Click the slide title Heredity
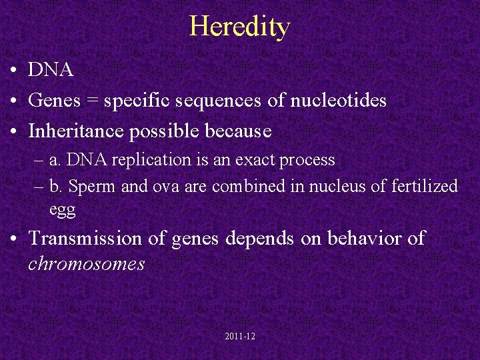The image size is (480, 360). pyautogui.click(x=240, y=27)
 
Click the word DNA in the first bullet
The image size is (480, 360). pyautogui.click(x=51, y=69)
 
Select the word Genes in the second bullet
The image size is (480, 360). pyautogui.click(x=55, y=101)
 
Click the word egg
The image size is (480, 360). pyautogui.click(x=62, y=211)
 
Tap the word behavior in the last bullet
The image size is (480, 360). pyautogui.click(x=361, y=239)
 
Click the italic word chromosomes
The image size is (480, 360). pyautogui.click(x=87, y=264)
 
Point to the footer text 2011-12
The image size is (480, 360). pyautogui.click(x=240, y=337)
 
